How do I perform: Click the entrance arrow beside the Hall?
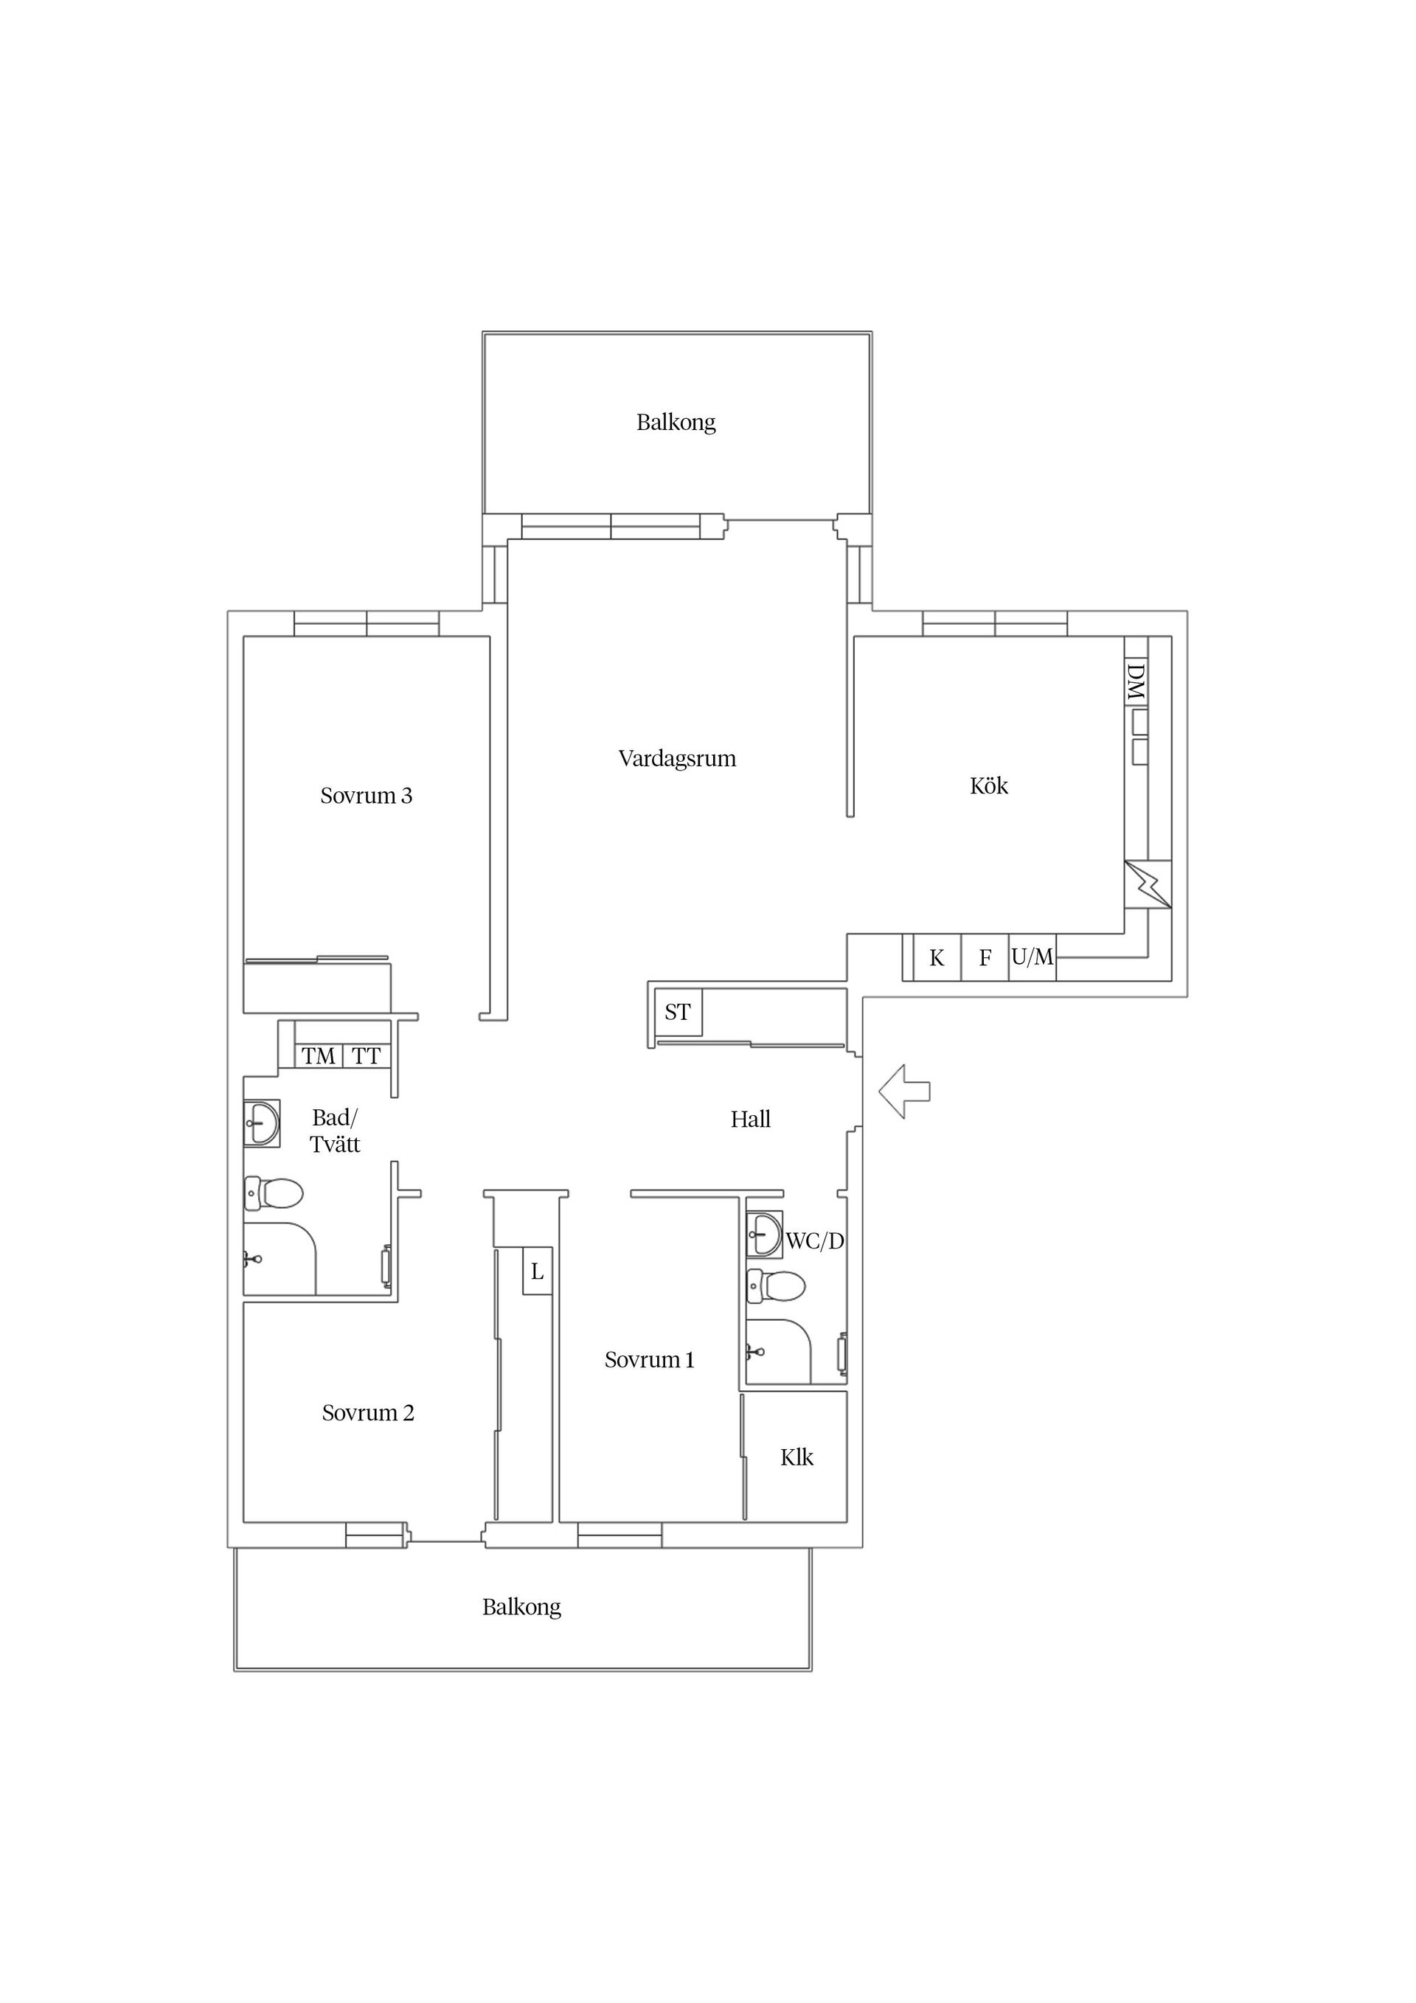(904, 1091)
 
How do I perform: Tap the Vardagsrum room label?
(677, 759)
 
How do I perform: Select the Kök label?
(988, 786)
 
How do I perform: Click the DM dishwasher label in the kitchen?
(1135, 681)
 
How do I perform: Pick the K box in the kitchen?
(937, 958)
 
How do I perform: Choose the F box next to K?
(985, 958)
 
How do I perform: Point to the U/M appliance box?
(1033, 958)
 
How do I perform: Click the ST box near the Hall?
(678, 1012)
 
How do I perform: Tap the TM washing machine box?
(319, 1057)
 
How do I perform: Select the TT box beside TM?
(367, 1057)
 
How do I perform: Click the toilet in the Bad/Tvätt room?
(273, 1193)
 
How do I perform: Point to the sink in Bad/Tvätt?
(262, 1122)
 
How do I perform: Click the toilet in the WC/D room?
(776, 1286)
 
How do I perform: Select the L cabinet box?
(538, 1271)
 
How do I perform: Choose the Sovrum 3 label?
(367, 796)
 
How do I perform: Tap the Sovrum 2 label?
(368, 1413)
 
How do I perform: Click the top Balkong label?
(676, 423)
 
